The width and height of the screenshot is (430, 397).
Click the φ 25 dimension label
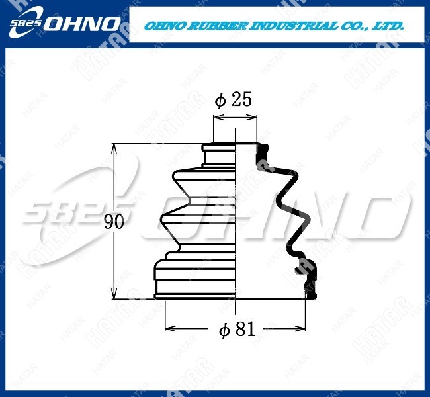click(x=233, y=99)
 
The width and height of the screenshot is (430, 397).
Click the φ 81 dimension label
click(x=237, y=330)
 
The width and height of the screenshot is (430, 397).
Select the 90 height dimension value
click(x=114, y=222)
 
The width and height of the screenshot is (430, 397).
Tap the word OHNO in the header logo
click(x=82, y=24)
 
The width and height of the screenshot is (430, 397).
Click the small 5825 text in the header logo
click(x=26, y=23)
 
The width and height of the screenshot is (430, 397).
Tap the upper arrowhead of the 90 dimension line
click(x=114, y=148)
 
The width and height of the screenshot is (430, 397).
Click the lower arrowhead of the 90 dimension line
click(x=114, y=294)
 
